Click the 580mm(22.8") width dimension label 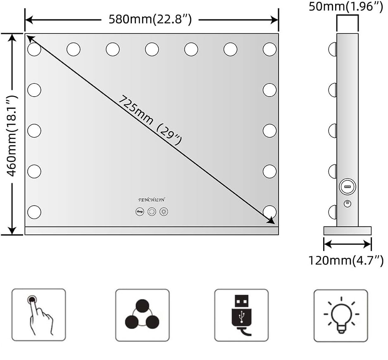(150, 19)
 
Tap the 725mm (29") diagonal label (150, 120)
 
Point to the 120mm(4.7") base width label (346, 261)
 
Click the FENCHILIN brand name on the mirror (152, 200)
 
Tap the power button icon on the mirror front (152, 211)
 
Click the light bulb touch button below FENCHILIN (164, 211)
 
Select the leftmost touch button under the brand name (140, 211)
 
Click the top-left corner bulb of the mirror (34, 50)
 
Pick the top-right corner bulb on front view (269, 50)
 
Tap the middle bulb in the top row (152, 50)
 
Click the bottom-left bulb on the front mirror (34, 212)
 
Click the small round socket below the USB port (347, 204)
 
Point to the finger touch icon (38, 315)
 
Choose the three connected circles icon (142, 315)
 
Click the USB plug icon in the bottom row (241, 315)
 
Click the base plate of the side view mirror (347, 230)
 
